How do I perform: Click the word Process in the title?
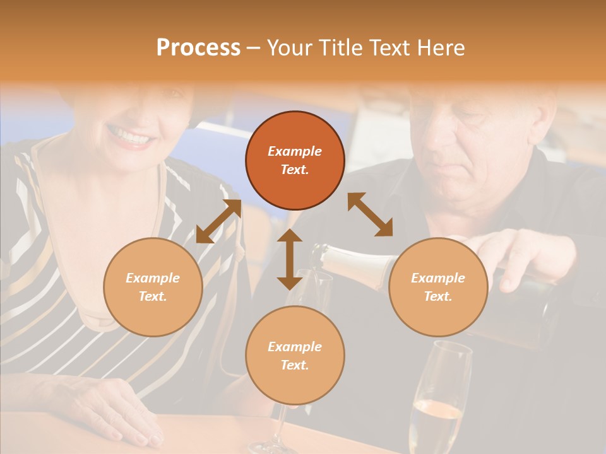(x=198, y=48)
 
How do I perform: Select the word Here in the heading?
(x=439, y=48)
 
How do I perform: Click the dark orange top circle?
(x=295, y=161)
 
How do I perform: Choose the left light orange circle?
(x=153, y=287)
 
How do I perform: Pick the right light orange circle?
(x=438, y=287)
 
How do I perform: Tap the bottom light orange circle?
(x=295, y=355)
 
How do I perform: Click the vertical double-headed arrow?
(x=290, y=259)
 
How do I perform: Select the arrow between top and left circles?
(x=218, y=221)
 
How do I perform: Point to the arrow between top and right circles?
(x=371, y=214)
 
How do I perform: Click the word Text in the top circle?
(x=295, y=170)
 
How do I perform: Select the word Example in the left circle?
(x=153, y=278)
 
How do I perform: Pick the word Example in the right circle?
(x=438, y=278)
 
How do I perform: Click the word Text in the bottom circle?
(x=295, y=365)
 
